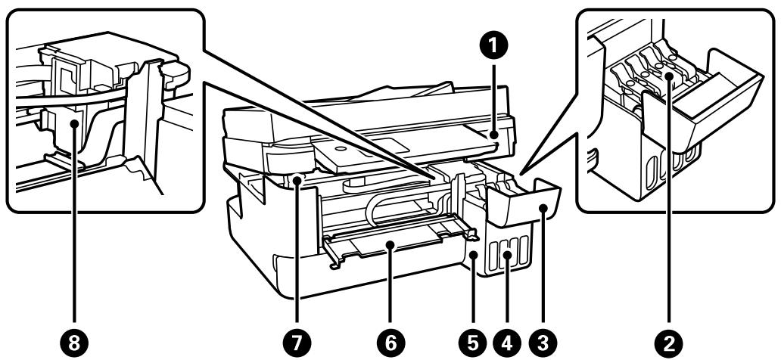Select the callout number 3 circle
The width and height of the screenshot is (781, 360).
click(x=540, y=343)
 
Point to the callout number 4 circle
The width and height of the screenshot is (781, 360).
click(x=507, y=343)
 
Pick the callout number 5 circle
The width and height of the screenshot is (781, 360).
click(x=474, y=343)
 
